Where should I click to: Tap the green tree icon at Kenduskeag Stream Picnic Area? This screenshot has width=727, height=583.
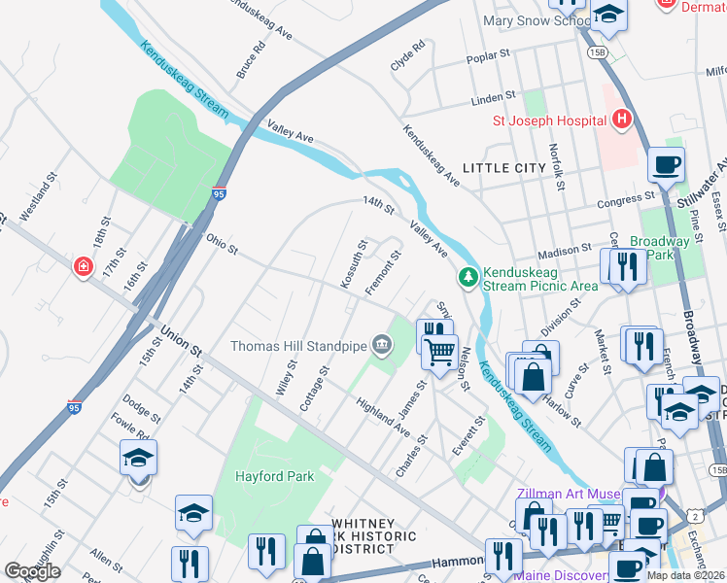click(468, 278)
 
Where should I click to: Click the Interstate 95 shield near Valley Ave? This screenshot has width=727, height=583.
click(221, 195)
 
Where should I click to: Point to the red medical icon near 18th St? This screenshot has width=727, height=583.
click(85, 265)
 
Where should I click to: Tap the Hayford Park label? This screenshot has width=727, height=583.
click(273, 476)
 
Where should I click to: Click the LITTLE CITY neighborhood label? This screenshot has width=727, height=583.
click(503, 168)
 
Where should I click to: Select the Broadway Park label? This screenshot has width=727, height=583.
click(659, 248)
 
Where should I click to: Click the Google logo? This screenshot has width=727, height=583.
click(33, 571)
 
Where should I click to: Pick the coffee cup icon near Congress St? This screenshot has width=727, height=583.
click(666, 165)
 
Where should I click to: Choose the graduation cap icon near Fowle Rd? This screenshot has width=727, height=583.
click(138, 458)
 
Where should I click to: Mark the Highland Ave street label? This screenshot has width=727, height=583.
click(382, 415)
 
